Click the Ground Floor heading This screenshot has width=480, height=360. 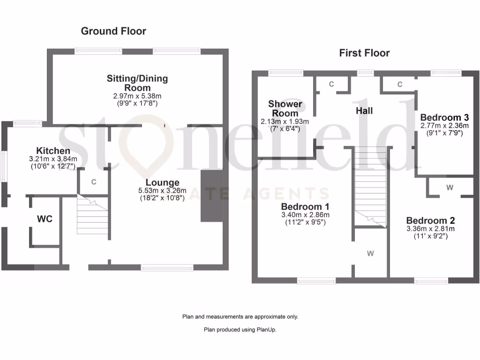click(x=113, y=31)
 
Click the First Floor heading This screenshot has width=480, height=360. click(x=364, y=53)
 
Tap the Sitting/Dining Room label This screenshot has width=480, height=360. click(x=137, y=83)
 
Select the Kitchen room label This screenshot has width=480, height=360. click(x=53, y=151)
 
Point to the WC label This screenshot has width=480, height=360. click(x=45, y=219)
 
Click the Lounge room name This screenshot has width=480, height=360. click(x=162, y=183)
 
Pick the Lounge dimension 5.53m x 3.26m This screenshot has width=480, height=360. click(x=162, y=190)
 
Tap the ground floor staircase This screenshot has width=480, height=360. click(x=92, y=216)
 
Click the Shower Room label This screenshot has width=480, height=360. click(x=285, y=108)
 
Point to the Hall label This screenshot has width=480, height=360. click(x=364, y=111)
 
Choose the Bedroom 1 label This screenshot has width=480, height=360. click(x=305, y=207)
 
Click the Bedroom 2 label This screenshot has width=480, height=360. click(x=430, y=221)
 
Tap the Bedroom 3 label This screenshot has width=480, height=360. click(x=444, y=117)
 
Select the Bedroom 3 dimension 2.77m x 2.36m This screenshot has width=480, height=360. click(x=444, y=125)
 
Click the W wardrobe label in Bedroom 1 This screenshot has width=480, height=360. click(x=370, y=254)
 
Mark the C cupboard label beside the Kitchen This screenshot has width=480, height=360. click(x=94, y=182)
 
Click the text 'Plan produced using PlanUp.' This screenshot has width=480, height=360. click(x=240, y=330)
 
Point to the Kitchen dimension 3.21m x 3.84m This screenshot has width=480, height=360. click(x=53, y=159)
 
